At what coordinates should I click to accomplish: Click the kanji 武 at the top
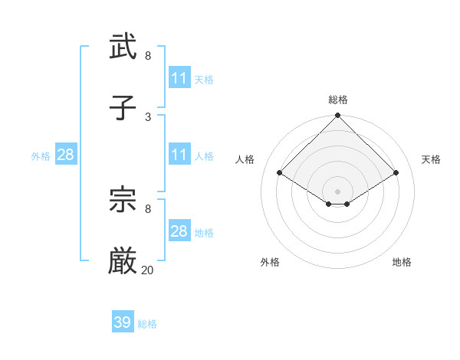point(123,47)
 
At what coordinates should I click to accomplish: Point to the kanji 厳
point(123,261)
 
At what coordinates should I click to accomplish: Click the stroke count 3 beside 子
point(148,116)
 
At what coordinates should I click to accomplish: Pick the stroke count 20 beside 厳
point(148,270)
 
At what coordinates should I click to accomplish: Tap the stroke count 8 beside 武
point(148,56)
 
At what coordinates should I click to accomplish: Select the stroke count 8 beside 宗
point(148,208)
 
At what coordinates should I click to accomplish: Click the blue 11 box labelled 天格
point(179,78)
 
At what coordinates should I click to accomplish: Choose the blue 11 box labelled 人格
point(179,155)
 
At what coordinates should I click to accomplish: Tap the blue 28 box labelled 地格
point(179,231)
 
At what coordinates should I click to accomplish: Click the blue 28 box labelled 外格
point(66,155)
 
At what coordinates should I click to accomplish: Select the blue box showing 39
point(123,322)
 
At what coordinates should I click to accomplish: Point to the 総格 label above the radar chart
point(338,100)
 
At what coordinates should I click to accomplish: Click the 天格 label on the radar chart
point(431,159)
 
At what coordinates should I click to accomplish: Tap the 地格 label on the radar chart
point(402,262)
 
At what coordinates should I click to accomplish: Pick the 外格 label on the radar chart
point(270,262)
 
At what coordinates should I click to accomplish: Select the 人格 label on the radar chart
point(245,159)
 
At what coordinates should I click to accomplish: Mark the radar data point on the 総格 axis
point(338,116)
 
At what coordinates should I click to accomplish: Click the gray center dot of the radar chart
point(338,191)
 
